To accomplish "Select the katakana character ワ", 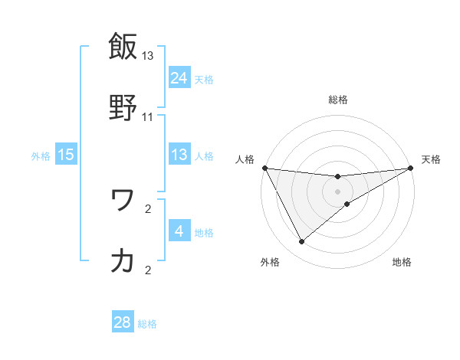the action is [x=123, y=201].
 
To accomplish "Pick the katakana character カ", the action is [x=123, y=260].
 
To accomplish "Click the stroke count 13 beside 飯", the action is [x=148, y=56].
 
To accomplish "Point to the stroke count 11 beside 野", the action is [x=148, y=116].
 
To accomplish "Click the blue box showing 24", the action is [x=179, y=78].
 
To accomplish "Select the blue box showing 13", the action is [x=179, y=155].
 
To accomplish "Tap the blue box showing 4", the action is [x=179, y=231].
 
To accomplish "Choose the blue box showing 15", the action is [x=66, y=155].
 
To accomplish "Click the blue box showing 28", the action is [x=123, y=322].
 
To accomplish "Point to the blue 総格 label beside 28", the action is [x=147, y=324].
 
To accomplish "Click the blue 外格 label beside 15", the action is [x=41, y=156].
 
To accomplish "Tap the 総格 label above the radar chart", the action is [x=338, y=100].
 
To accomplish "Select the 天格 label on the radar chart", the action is [x=431, y=159].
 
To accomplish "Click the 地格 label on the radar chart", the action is [x=402, y=262].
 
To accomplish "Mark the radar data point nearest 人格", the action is [x=264, y=168].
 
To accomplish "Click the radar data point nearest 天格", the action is [x=411, y=168].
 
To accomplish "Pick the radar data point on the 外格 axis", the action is [x=301, y=242].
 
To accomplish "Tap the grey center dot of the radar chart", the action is [x=338, y=191].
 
